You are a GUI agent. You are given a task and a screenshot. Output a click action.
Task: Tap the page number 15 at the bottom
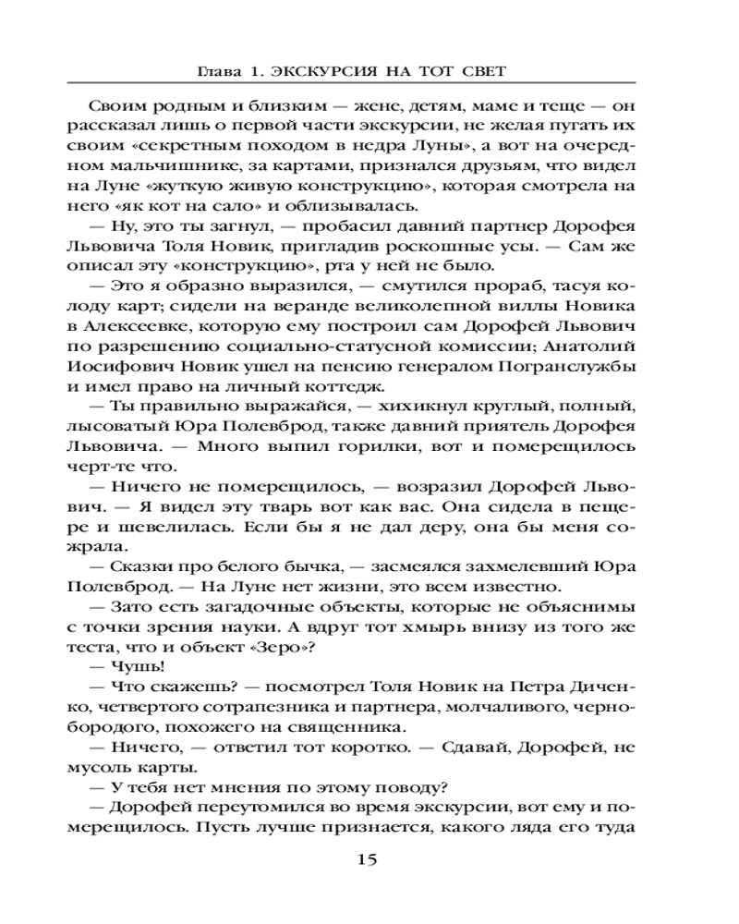[x=368, y=860]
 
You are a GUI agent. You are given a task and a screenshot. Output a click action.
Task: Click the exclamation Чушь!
[x=139, y=669]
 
